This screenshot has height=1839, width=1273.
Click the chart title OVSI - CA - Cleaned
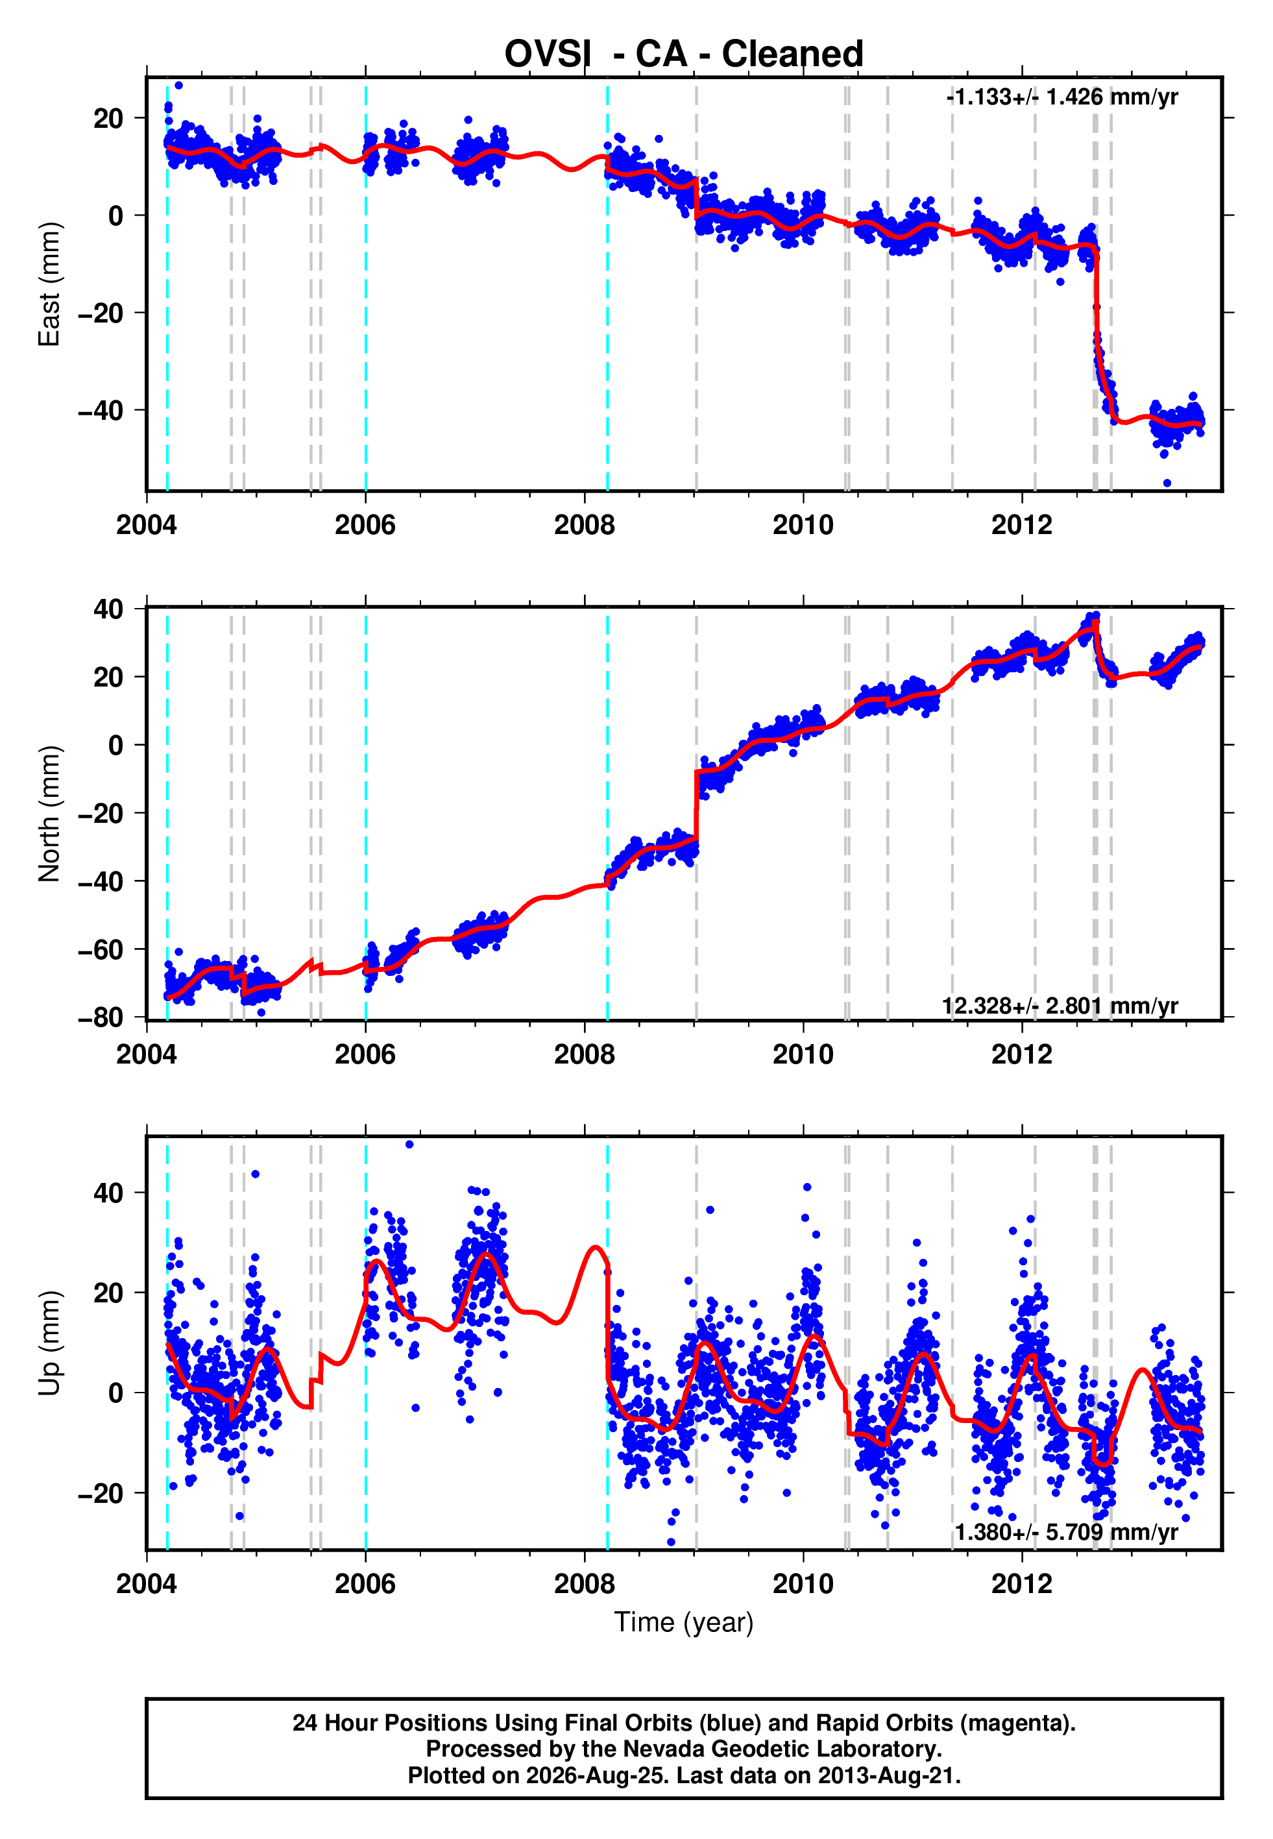(x=684, y=55)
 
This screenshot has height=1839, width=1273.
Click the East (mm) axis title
(x=49, y=284)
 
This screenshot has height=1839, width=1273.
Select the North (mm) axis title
(x=49, y=814)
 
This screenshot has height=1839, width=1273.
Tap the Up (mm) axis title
(x=49, y=1343)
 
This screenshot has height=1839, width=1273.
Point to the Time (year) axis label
(x=684, y=1622)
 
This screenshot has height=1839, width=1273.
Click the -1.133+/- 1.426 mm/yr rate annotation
(x=1061, y=97)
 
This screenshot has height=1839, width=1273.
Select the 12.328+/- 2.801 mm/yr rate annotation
(x=1060, y=1006)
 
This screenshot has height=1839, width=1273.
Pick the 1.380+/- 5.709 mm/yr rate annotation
(x=1067, y=1532)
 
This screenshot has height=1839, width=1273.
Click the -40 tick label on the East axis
(x=101, y=411)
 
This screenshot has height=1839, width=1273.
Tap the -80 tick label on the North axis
(x=101, y=1017)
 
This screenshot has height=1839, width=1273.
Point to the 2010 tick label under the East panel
(x=803, y=525)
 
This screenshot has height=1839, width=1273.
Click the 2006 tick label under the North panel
(x=365, y=1054)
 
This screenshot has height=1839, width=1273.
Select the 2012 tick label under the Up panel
(x=1022, y=1584)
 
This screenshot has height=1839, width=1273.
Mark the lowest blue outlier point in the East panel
(x=1167, y=483)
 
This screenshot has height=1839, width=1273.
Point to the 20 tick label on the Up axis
(x=108, y=1293)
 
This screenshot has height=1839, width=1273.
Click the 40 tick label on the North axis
(x=108, y=609)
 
